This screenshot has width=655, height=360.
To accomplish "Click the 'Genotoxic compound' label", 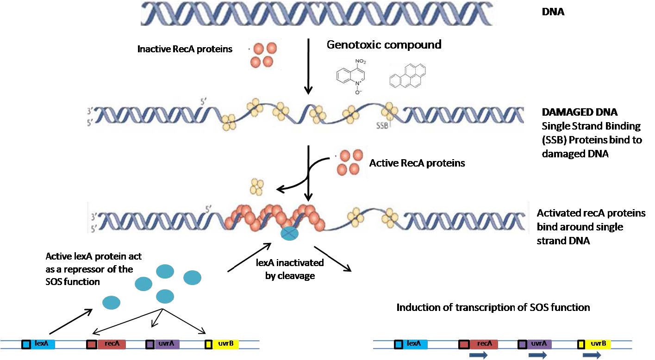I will tap(384, 45).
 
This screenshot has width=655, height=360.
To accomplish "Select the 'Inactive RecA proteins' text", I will tap(185, 49).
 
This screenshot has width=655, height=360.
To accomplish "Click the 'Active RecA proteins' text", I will tap(417, 163).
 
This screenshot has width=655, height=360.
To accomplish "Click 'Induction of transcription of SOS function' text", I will tap(493, 307).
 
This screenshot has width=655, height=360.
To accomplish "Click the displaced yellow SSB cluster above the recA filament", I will tap(256, 186).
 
